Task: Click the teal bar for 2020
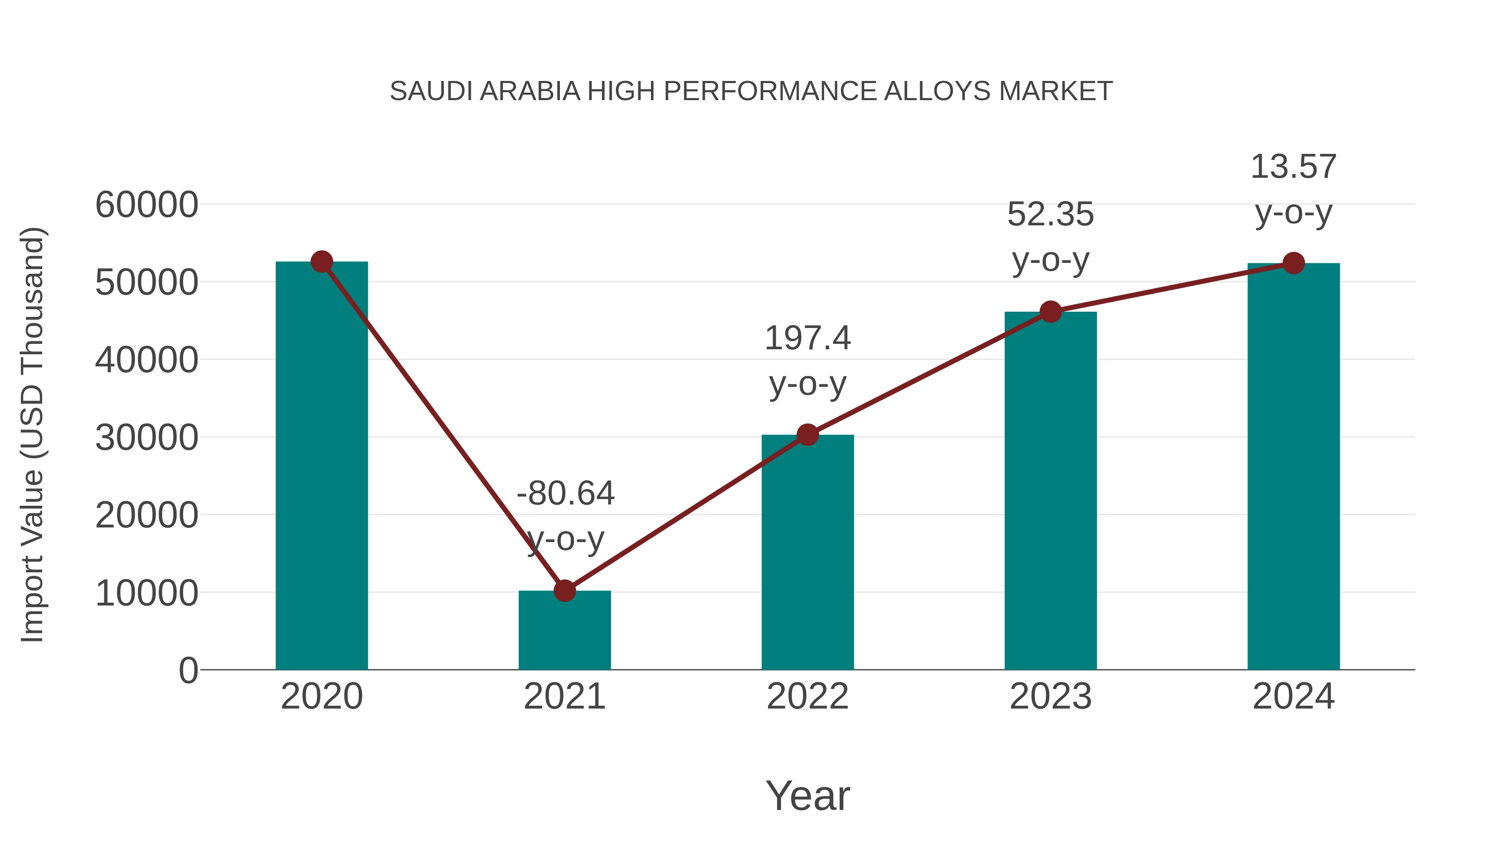coord(321,467)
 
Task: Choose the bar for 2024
coord(1293,467)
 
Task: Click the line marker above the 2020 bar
coord(321,262)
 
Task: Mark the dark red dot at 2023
coord(1050,312)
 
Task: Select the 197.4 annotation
coord(807,338)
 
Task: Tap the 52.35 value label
coord(1050,214)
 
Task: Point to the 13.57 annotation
coord(1293,167)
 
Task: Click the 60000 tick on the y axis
coord(147,205)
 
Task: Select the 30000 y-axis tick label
coord(147,438)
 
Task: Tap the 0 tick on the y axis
coord(188,671)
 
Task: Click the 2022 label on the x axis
coord(807,697)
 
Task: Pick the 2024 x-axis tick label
coord(1293,697)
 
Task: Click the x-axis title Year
coord(807,796)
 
